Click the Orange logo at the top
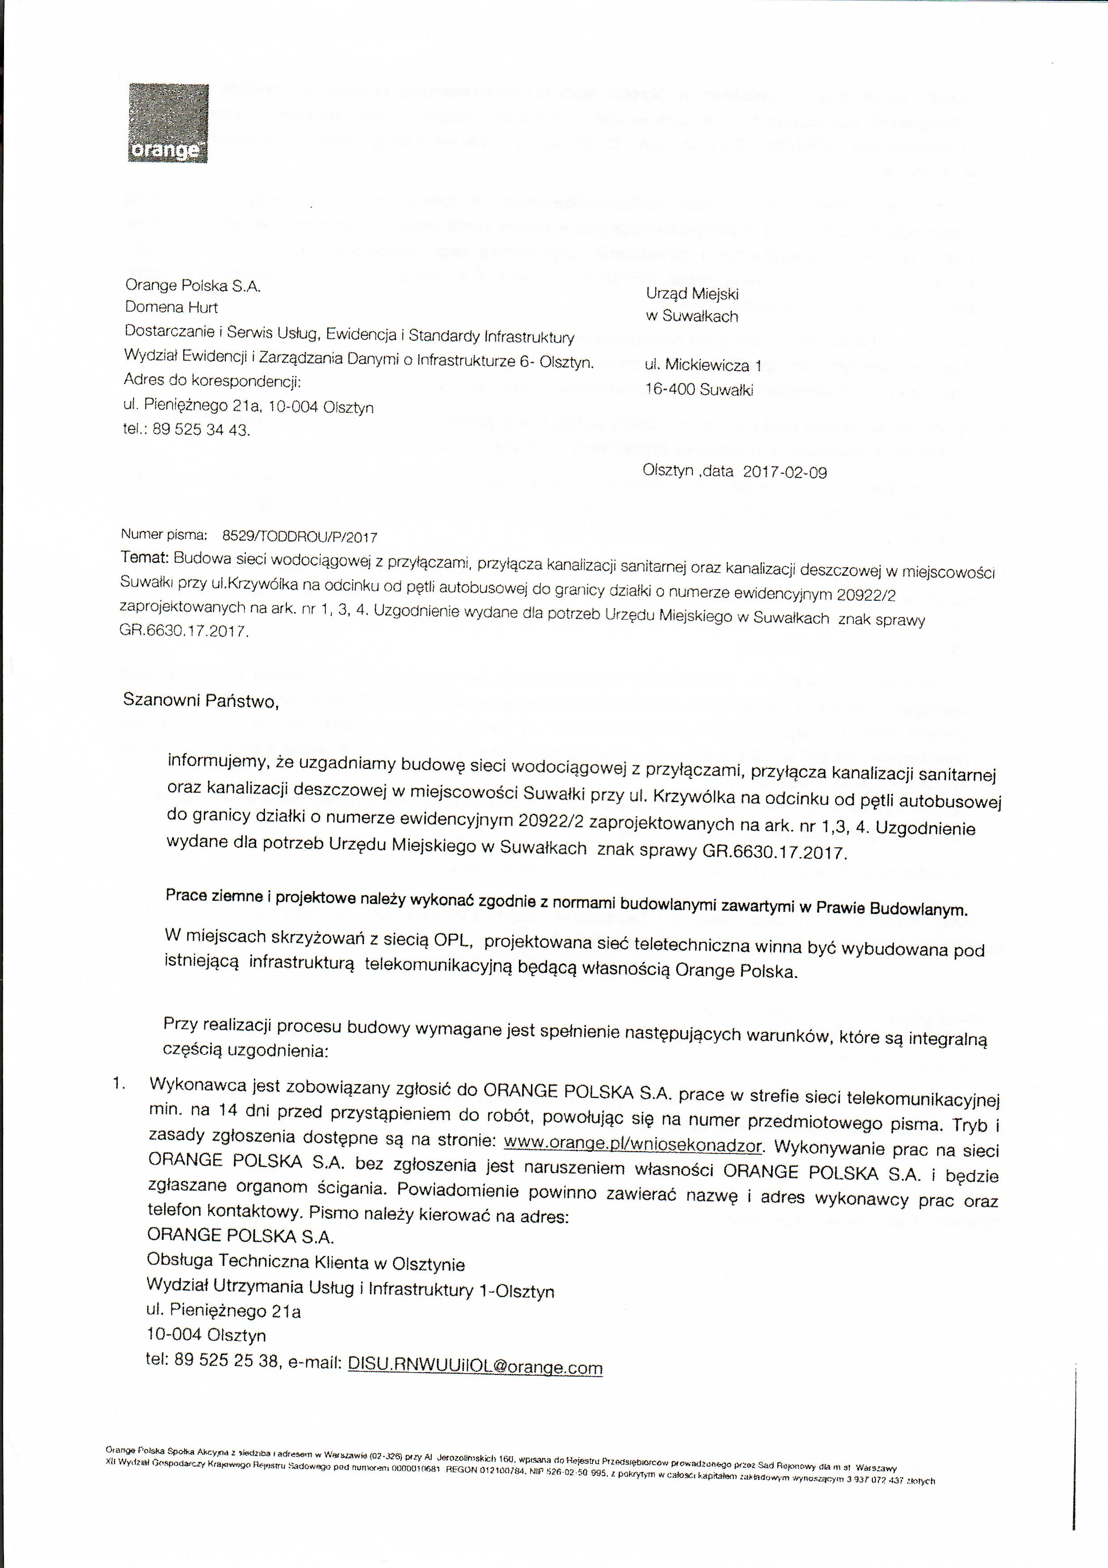point(168,123)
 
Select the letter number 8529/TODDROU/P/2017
point(300,537)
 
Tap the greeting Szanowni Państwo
point(201,701)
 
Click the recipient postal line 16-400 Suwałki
point(699,390)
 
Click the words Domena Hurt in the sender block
point(171,307)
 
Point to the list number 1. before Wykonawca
point(119,1084)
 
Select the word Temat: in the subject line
point(144,557)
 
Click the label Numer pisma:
point(164,535)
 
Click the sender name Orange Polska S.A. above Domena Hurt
point(193,285)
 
